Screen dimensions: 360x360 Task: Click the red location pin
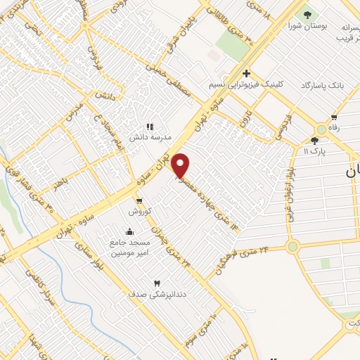[181, 166]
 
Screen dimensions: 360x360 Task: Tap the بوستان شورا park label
[307, 25]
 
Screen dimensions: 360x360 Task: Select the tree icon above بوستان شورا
[307, 13]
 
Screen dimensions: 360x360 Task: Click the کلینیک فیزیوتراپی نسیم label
[247, 85]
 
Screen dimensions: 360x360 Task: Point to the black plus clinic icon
[247, 73]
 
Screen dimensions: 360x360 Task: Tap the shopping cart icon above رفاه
[334, 117]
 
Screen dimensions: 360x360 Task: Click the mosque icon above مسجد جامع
[129, 231]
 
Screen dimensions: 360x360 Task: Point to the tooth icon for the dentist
[157, 283]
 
